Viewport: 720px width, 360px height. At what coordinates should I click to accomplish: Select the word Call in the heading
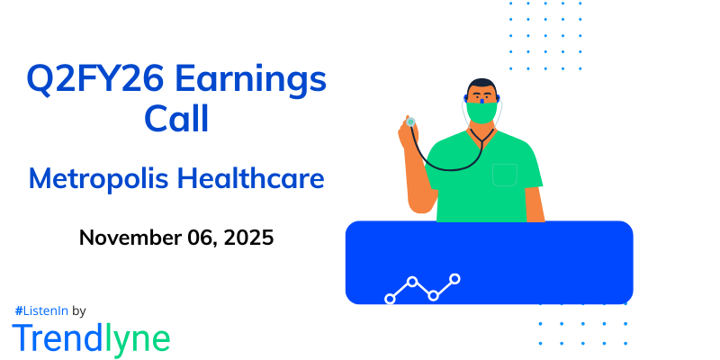[176, 120]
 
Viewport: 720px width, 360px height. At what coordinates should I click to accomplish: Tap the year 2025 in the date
[247, 238]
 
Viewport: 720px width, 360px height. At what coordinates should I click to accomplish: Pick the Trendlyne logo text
[91, 338]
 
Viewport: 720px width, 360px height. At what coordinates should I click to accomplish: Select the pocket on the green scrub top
[504, 173]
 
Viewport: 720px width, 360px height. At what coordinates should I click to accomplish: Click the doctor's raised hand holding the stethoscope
[407, 135]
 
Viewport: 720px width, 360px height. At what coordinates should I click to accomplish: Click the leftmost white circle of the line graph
[390, 298]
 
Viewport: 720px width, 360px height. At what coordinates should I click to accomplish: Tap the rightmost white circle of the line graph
[454, 279]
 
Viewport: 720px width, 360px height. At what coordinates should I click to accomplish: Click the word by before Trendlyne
[78, 310]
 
